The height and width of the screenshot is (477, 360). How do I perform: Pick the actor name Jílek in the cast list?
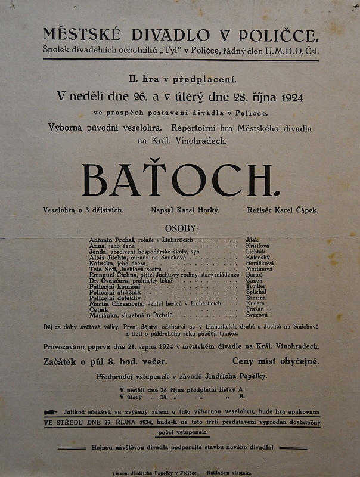point(253,239)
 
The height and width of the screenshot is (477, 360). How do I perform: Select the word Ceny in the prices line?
point(245,361)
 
